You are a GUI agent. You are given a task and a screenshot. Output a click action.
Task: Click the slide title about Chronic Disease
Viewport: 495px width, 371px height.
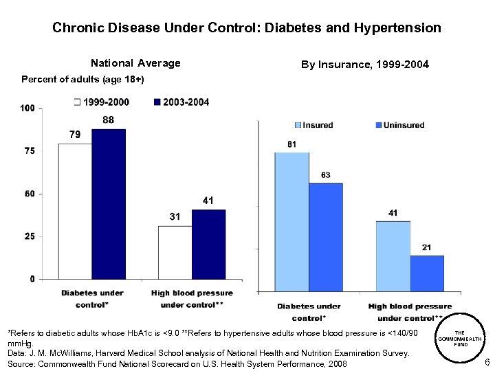(x=247, y=28)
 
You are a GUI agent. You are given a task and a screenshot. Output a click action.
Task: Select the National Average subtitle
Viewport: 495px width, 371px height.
(x=135, y=63)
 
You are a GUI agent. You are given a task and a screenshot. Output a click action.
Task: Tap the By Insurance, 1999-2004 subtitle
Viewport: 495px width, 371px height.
(x=364, y=65)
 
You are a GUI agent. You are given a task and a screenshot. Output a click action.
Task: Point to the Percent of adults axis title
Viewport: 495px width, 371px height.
(x=82, y=80)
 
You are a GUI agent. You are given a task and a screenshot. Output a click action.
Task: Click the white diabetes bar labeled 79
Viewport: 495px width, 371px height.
(x=75, y=211)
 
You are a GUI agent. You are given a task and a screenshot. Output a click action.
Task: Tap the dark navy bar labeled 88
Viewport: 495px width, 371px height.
(x=109, y=204)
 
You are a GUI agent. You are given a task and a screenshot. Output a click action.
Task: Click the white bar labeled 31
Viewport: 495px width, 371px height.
(x=175, y=252)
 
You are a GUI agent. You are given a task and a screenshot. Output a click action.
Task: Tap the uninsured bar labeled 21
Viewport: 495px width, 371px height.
(x=427, y=273)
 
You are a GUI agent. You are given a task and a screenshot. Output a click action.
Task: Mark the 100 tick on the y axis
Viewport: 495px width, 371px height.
(x=27, y=108)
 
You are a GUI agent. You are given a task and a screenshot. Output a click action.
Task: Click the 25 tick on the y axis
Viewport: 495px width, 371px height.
(x=30, y=236)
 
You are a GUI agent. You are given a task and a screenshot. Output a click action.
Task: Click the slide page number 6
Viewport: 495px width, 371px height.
(x=487, y=362)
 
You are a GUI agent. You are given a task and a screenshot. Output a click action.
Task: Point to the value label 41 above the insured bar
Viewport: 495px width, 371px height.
(x=393, y=213)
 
